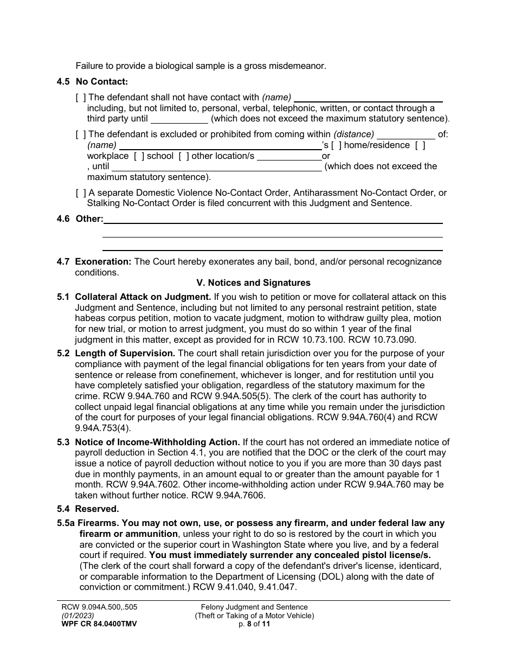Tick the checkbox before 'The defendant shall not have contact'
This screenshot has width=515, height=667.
[x=81, y=98]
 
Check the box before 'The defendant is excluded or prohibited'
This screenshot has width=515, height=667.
[x=81, y=134]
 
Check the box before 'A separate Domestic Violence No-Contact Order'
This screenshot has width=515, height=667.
[x=81, y=193]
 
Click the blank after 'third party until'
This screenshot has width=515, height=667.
[x=179, y=119]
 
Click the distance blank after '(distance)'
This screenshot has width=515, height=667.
[x=405, y=134]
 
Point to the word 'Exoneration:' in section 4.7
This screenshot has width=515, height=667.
[x=103, y=262]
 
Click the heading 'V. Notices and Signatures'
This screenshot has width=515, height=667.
[x=253, y=283]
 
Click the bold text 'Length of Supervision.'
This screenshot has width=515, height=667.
[x=125, y=354]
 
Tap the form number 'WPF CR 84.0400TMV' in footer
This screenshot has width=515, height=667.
[x=99, y=624]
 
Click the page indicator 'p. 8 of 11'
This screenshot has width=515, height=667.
[x=254, y=624]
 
